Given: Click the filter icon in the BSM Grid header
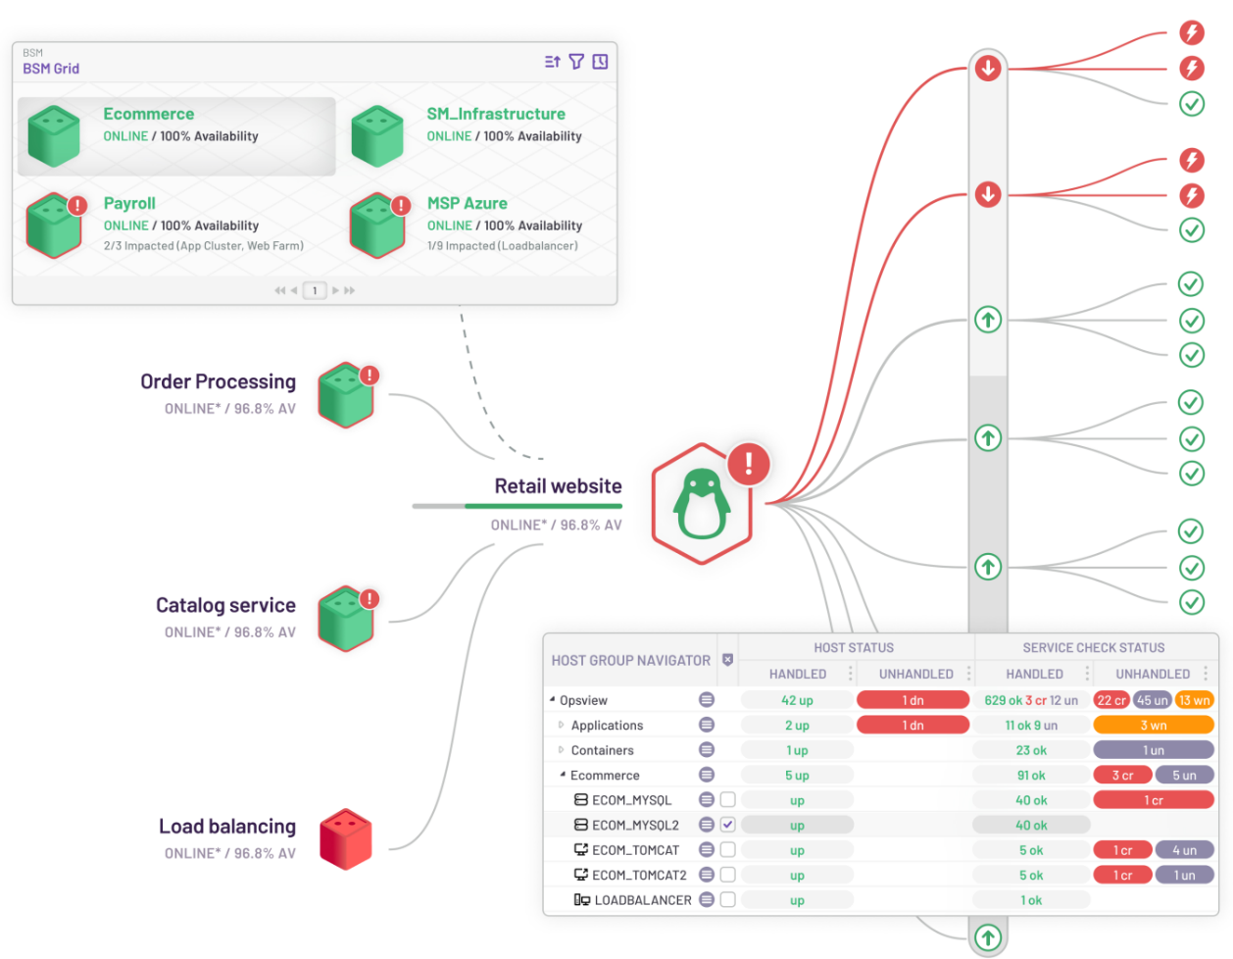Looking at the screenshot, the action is [576, 61].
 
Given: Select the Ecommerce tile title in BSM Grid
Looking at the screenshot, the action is [149, 114].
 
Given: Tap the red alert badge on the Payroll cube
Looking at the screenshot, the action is [77, 205].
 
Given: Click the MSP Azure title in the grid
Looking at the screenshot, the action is [467, 203].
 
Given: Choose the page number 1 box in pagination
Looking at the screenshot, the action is [315, 290].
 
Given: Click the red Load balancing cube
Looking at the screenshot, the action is [345, 838].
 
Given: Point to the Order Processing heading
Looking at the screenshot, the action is [218, 381].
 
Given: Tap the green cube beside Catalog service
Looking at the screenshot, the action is [345, 619].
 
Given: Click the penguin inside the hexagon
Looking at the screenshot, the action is [701, 503].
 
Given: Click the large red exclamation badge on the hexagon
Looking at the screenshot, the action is [748, 464].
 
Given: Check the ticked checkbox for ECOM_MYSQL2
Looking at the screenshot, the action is [727, 824].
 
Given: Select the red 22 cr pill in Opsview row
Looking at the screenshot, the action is [1110, 700].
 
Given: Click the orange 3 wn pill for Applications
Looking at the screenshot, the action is [1153, 725].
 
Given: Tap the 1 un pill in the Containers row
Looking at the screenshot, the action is [1153, 749].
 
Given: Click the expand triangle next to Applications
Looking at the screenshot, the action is [561, 725].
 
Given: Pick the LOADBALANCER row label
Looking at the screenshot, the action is [642, 899].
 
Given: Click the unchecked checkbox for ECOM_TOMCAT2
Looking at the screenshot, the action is [727, 874].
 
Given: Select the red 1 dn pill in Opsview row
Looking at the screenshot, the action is [912, 700].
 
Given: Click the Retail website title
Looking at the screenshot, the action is [558, 485].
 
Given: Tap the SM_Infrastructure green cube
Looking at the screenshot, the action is [376, 136].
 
